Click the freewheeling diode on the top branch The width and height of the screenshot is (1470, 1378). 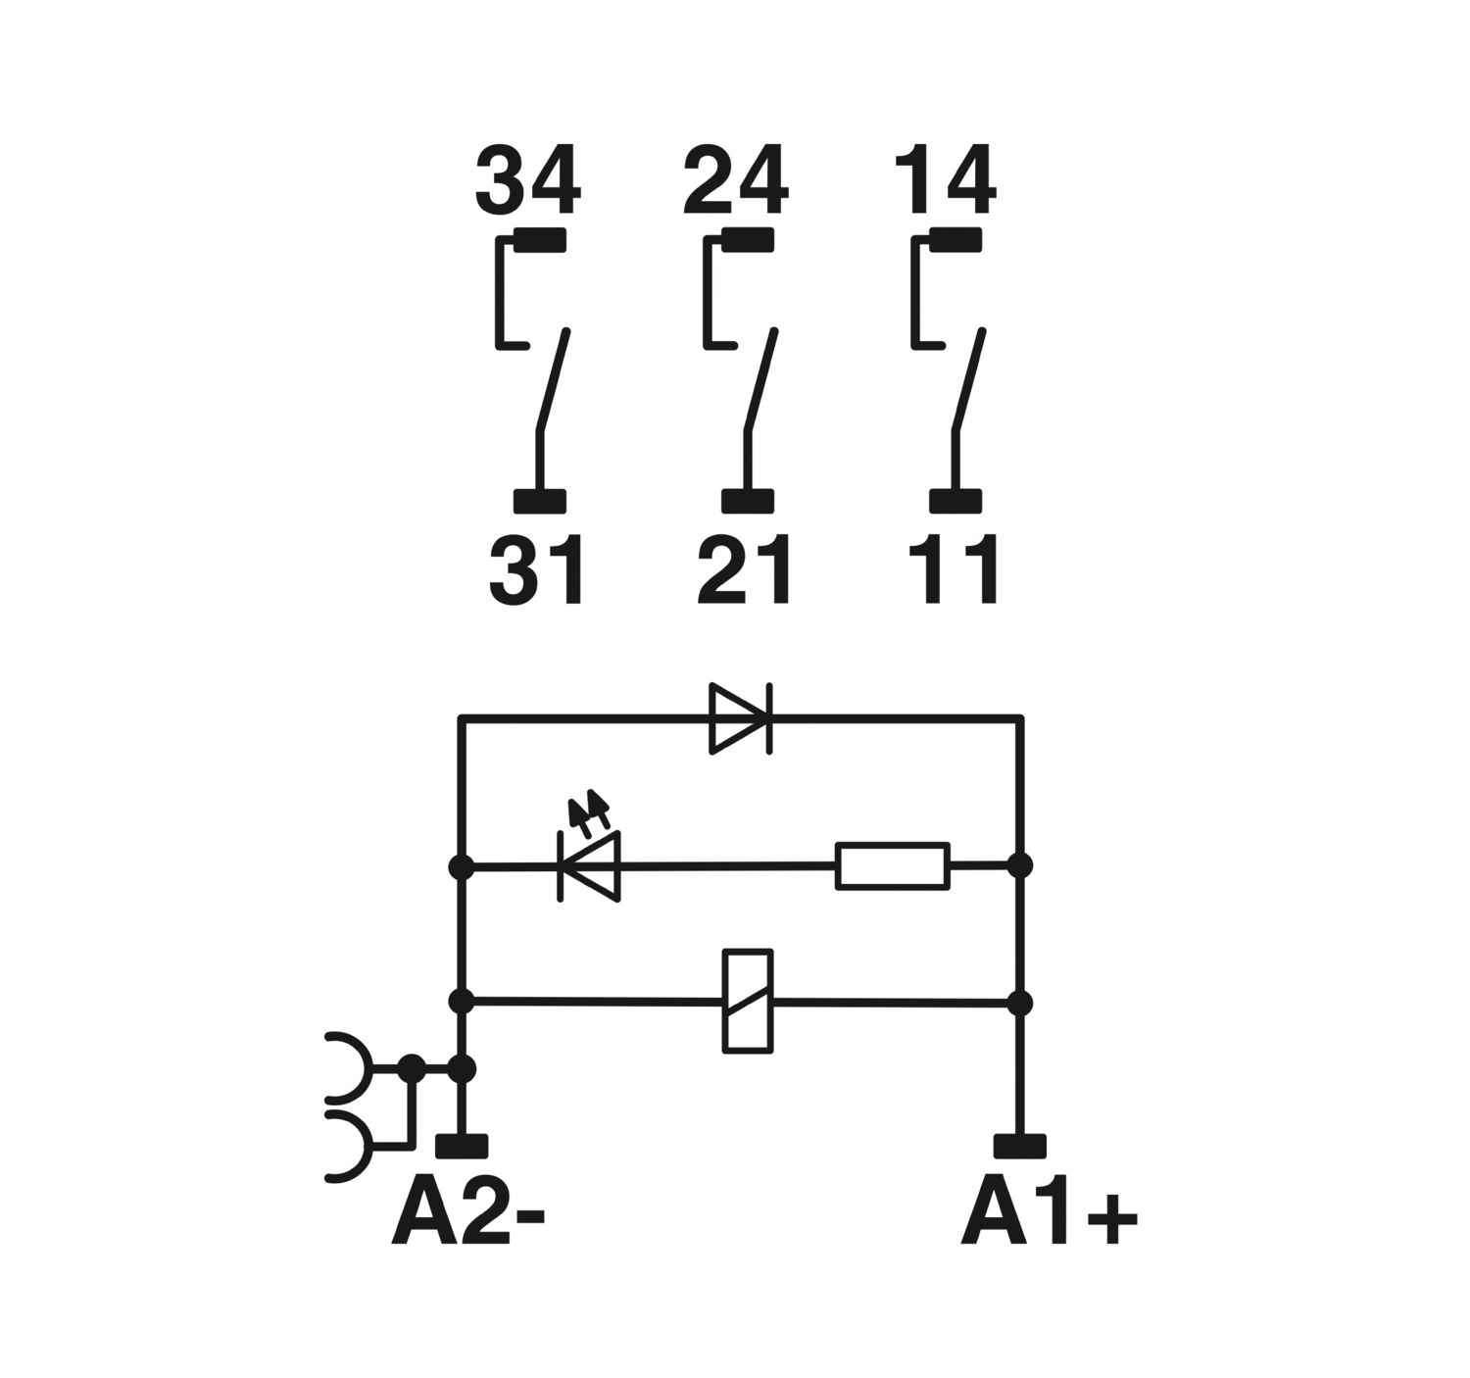741,718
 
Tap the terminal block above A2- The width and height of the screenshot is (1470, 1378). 462,1147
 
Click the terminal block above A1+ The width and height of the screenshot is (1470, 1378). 1020,1147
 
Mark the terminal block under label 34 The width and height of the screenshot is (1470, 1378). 540,240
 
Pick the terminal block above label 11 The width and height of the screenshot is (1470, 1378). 955,501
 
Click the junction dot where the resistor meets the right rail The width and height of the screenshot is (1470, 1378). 1020,864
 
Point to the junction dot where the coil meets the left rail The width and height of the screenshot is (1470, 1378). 462,1003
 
